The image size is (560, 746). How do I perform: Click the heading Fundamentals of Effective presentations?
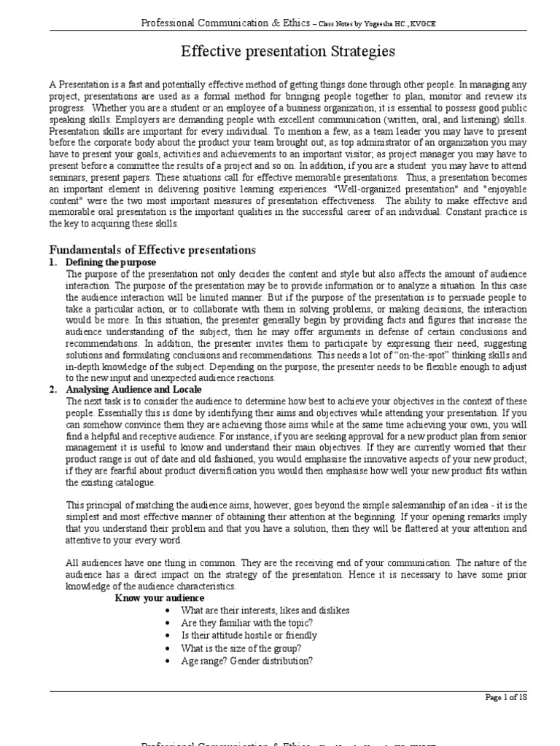point(152,250)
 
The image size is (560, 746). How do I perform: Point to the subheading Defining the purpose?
point(111,262)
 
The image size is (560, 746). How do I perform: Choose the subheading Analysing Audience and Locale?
point(125,390)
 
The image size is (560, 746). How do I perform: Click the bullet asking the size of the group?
point(230,648)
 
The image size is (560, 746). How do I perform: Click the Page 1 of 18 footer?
point(505,697)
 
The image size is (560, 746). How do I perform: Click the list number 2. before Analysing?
point(53,390)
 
